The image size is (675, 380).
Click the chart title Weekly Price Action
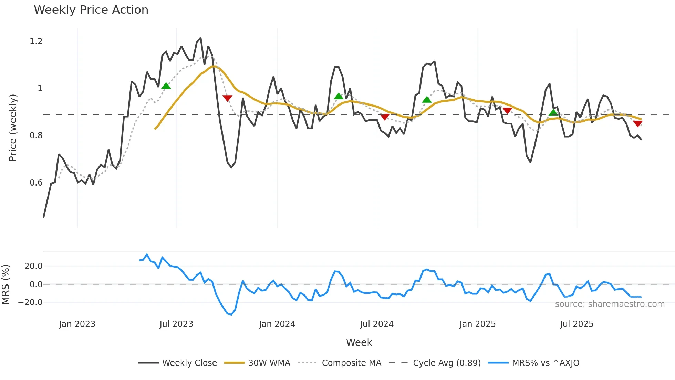(91, 10)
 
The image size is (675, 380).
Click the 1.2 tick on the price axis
(36, 41)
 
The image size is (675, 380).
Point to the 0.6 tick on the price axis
(36, 183)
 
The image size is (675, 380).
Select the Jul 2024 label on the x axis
(376, 324)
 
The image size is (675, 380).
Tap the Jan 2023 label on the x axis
(77, 324)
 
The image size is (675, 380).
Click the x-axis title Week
(359, 342)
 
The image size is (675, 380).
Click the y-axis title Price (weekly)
(13, 128)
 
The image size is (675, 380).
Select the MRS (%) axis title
(6, 284)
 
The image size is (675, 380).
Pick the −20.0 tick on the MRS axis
(30, 302)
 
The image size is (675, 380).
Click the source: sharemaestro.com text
(610, 304)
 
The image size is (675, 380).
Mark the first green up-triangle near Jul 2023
(166, 86)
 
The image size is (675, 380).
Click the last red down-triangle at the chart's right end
(637, 124)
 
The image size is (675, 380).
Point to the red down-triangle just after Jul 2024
(385, 117)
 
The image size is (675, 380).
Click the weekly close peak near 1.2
(200, 38)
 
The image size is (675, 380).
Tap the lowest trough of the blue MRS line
(231, 314)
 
